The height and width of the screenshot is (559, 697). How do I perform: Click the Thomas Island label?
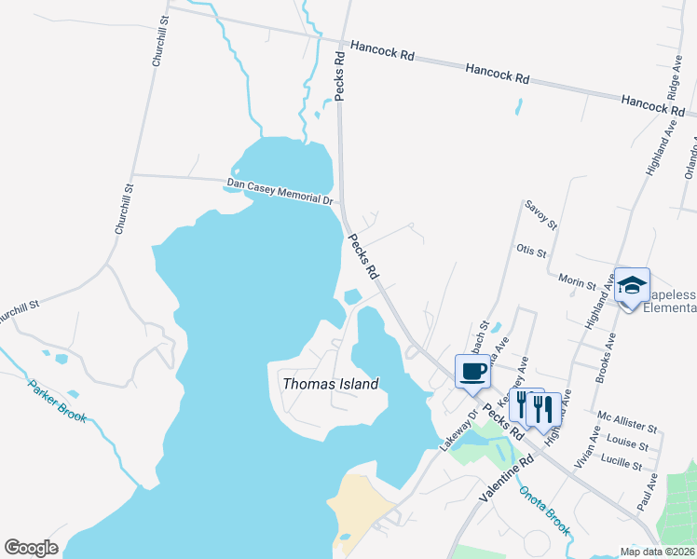(330, 384)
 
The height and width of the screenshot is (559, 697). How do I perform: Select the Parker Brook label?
(57, 401)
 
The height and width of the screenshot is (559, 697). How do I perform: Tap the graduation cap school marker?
(633, 286)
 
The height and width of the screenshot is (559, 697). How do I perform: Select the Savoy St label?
(540, 214)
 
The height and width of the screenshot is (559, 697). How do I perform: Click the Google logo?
(31, 548)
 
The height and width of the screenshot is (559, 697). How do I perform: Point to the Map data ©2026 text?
(655, 552)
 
